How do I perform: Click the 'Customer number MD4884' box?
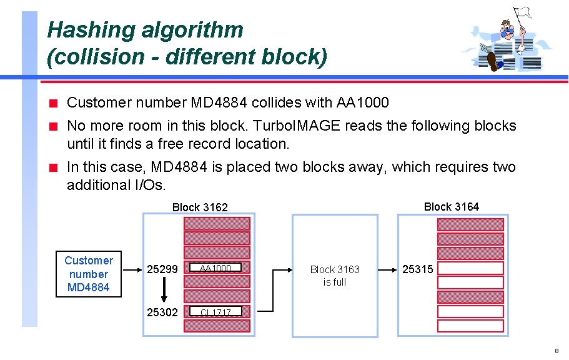pos(88,274)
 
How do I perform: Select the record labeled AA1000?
pos(216,269)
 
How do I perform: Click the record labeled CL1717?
pos(216,312)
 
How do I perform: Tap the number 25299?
pos(162,269)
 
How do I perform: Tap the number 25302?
pos(162,312)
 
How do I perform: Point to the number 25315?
pos(418,269)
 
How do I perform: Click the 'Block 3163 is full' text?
pos(335,276)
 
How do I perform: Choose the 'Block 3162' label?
pos(200,207)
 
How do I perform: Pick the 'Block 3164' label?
pos(451,206)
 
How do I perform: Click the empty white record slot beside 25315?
pos(470,269)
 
